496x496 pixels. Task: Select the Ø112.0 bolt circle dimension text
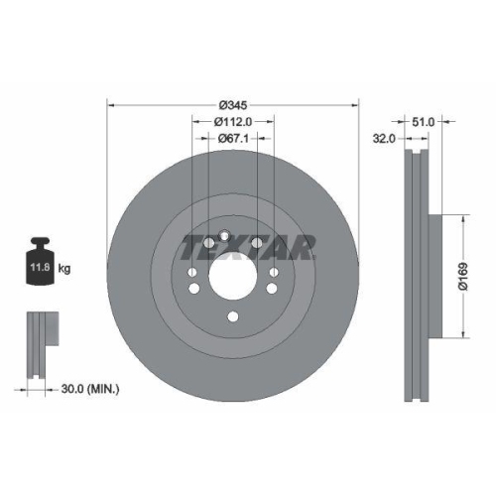pos(232,122)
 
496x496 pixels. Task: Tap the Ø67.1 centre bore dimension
pos(232,140)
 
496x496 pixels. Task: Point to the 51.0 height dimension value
pos(424,122)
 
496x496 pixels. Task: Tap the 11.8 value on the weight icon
pos(41,268)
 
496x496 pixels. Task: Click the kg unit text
pos(65,268)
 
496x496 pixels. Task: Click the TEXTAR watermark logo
pos(248,245)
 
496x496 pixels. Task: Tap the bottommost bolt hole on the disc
pos(232,317)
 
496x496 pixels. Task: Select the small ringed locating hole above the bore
pos(225,236)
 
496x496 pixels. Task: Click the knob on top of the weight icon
pos(41,242)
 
